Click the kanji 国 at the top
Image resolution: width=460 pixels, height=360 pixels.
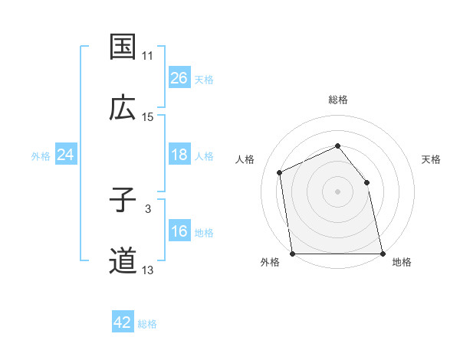123,46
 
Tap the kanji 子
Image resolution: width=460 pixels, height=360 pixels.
123,200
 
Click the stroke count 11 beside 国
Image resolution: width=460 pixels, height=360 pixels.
148,56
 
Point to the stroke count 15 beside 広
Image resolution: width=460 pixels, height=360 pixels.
148,117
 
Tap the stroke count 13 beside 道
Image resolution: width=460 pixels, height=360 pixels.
148,270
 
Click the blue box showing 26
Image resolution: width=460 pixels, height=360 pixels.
179,77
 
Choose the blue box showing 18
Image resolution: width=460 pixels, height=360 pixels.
179,155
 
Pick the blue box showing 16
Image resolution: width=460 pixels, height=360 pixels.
179,231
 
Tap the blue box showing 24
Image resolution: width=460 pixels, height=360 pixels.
65,155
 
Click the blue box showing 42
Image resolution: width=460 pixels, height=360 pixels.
123,322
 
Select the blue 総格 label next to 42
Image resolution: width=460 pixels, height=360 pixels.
148,324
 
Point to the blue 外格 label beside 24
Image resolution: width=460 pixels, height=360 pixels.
41,156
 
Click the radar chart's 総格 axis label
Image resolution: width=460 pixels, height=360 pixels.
337,100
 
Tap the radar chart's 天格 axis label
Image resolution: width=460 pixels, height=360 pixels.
431,159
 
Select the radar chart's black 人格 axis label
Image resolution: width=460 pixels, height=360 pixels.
245,159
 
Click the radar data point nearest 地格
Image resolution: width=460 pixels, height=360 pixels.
382,254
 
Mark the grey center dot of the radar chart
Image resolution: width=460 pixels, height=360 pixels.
337,191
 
